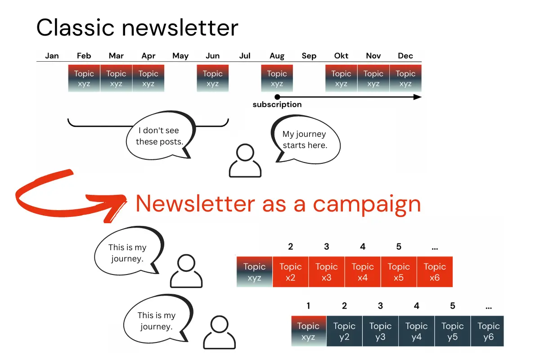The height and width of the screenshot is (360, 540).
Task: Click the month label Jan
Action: point(52,56)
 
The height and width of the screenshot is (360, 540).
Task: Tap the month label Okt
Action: point(341,56)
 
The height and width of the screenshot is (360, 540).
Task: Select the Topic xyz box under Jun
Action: point(212,78)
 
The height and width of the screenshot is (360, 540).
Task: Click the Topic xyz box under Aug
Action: point(277,78)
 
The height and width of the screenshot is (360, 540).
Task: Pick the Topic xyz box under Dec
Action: point(405,78)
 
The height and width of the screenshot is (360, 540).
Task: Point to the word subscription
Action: point(277,104)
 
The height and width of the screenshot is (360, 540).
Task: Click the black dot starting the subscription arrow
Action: point(277,97)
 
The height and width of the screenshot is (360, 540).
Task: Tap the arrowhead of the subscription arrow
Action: point(418,97)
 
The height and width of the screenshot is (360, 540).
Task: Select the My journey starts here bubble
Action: point(306,139)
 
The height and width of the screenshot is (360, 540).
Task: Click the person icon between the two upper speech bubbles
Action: point(245,161)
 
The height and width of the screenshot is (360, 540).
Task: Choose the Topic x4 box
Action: point(363,272)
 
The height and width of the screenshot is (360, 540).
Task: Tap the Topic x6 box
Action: point(435,272)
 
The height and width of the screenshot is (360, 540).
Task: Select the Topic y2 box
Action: point(344,331)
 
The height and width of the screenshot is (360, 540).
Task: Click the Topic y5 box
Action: point(453,331)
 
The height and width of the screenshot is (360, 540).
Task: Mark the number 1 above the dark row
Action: point(308,306)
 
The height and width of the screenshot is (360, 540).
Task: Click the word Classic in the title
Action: point(75,28)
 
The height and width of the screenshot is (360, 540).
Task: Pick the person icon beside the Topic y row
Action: point(219,332)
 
